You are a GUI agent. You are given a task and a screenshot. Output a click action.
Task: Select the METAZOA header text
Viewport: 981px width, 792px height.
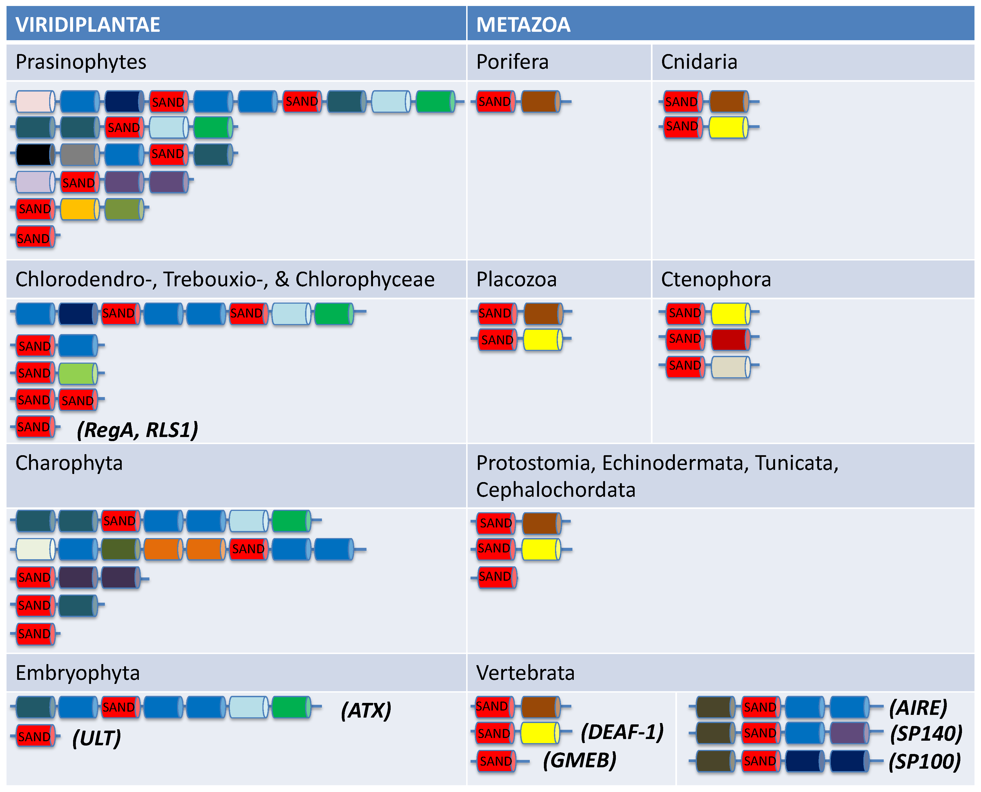coord(523,25)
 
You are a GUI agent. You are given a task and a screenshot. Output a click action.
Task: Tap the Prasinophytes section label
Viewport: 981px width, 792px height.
coord(81,62)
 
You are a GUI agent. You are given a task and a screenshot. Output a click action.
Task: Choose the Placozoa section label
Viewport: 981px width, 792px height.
coord(516,279)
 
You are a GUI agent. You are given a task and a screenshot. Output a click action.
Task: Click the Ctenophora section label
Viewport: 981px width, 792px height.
coord(716,279)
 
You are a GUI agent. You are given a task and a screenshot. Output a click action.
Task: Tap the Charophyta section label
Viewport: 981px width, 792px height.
coord(69,463)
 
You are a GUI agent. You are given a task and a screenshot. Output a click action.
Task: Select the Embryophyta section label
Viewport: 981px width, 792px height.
coord(78,673)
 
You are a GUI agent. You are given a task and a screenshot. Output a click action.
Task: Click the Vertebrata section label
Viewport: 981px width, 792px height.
coord(525,673)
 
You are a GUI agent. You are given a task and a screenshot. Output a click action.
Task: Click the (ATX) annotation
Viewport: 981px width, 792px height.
coord(366,710)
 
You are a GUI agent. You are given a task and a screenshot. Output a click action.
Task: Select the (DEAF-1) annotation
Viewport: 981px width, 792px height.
coord(622,732)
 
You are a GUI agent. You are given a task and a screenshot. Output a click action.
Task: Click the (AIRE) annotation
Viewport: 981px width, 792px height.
coord(918,708)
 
